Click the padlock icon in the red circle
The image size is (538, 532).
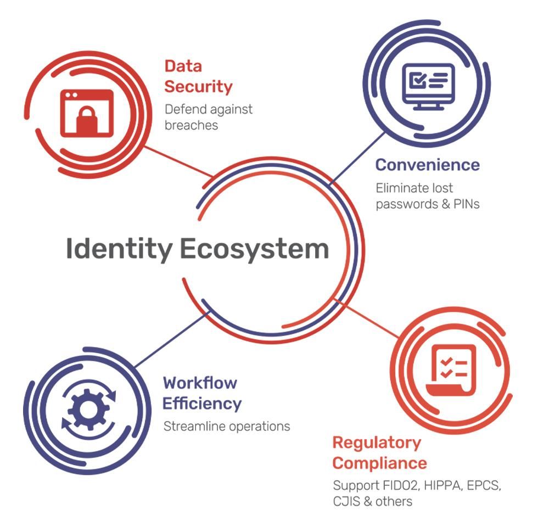(x=87, y=113)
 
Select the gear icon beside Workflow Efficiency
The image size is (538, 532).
(x=89, y=410)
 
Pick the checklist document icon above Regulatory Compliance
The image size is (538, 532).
(x=451, y=370)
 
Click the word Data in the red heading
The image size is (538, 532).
(x=183, y=66)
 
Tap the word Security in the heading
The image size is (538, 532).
(x=198, y=87)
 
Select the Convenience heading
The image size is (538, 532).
(x=428, y=165)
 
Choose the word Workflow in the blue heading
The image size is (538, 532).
(x=200, y=383)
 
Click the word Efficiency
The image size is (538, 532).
(x=202, y=404)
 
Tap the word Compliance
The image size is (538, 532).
(x=379, y=464)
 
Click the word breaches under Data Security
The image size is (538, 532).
(x=191, y=125)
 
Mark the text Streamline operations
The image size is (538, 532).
(x=227, y=427)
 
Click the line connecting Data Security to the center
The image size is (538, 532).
(x=179, y=161)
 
